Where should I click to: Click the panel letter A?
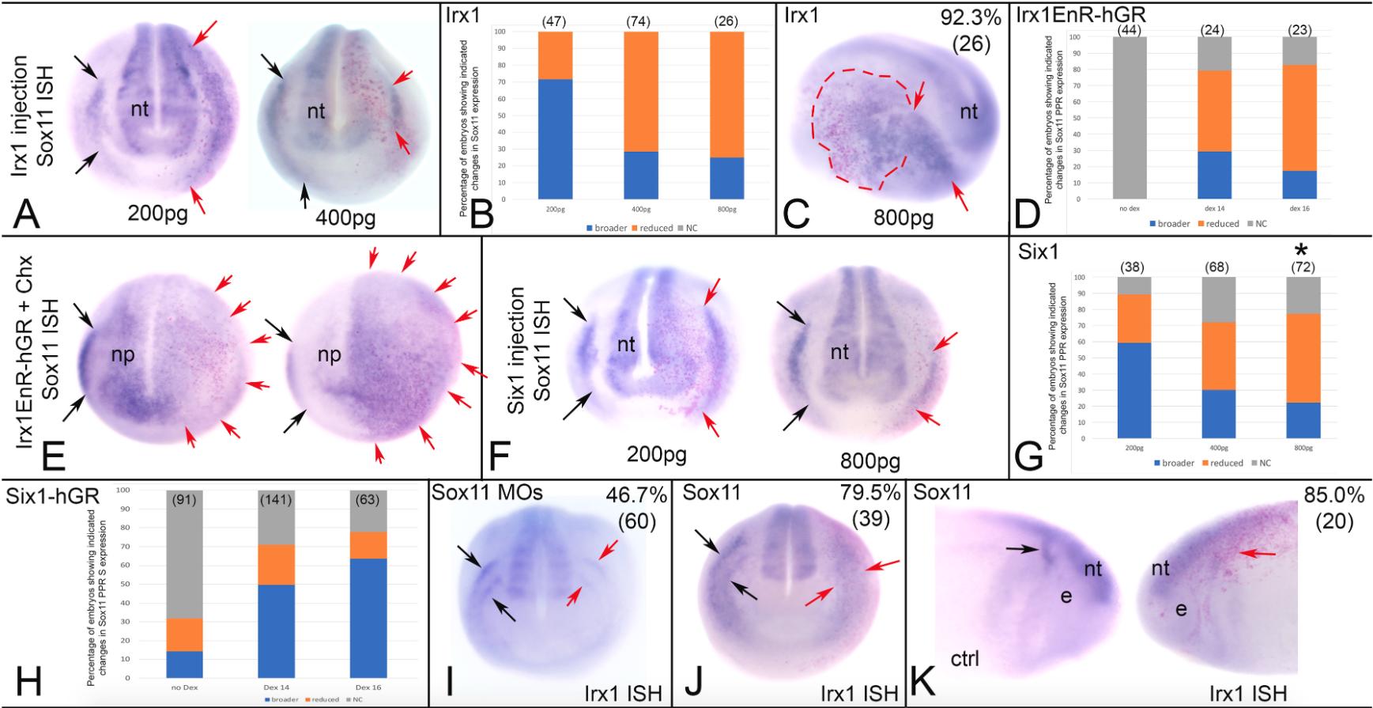(25, 212)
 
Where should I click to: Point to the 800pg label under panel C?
(903, 217)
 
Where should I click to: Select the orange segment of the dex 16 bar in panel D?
(1299, 118)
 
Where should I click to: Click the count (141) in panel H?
(277, 500)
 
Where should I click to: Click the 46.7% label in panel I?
(636, 495)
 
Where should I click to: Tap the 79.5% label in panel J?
(869, 494)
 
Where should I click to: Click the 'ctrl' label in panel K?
(964, 657)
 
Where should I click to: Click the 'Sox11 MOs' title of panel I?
(486, 493)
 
